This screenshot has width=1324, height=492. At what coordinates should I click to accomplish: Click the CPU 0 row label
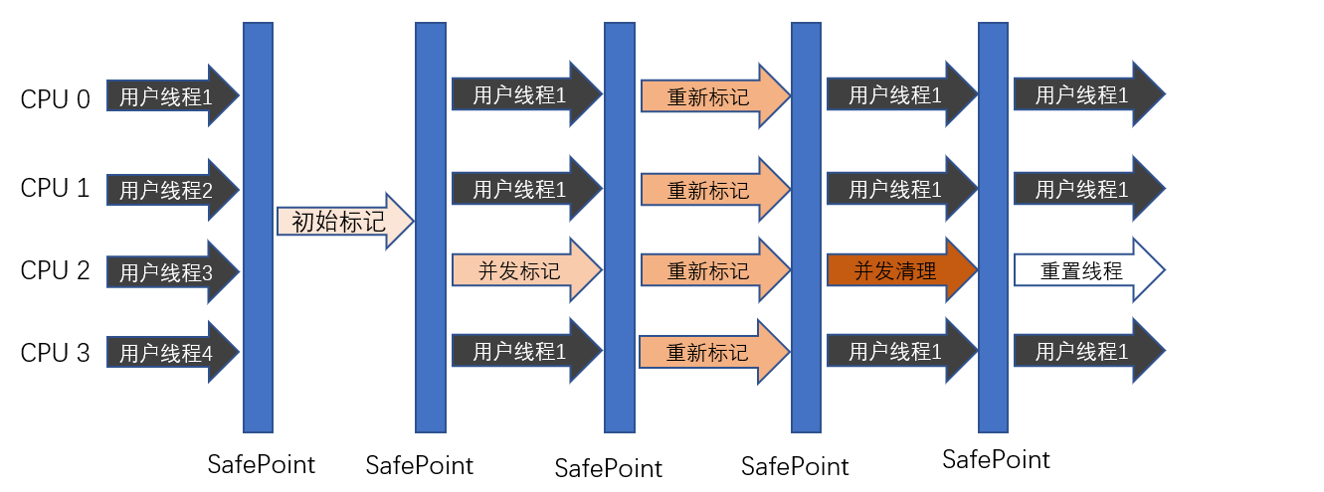tap(56, 98)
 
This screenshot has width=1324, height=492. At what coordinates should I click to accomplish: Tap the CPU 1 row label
tap(56, 189)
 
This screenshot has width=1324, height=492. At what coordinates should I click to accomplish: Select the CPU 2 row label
tap(56, 270)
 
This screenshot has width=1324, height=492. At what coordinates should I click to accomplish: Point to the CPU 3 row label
tap(56, 352)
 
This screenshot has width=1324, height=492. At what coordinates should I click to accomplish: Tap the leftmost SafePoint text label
tap(261, 464)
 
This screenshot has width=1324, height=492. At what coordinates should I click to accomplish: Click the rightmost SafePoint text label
tap(996, 459)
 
